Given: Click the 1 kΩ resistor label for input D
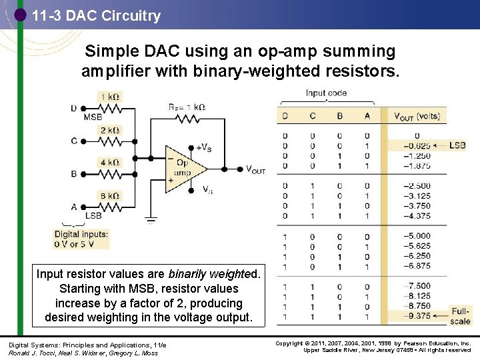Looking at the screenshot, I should [x=110, y=97].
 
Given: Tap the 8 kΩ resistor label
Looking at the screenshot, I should [x=110, y=195].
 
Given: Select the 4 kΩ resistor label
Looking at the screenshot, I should [x=110, y=163].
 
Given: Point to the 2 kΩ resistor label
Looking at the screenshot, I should [x=110, y=130].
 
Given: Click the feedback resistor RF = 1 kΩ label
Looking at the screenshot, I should [x=186, y=107].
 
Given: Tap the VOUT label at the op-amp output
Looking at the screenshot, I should [x=255, y=170].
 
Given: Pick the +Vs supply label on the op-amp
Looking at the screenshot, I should [x=204, y=147].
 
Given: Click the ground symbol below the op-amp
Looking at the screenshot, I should [x=151, y=221].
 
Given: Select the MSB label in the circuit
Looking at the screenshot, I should [x=93, y=117].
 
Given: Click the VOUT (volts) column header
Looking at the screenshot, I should [x=417, y=116].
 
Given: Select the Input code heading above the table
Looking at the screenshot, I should [x=326, y=93].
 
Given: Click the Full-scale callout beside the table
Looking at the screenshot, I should [x=460, y=316].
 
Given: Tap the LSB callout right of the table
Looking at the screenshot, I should [x=457, y=145].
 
